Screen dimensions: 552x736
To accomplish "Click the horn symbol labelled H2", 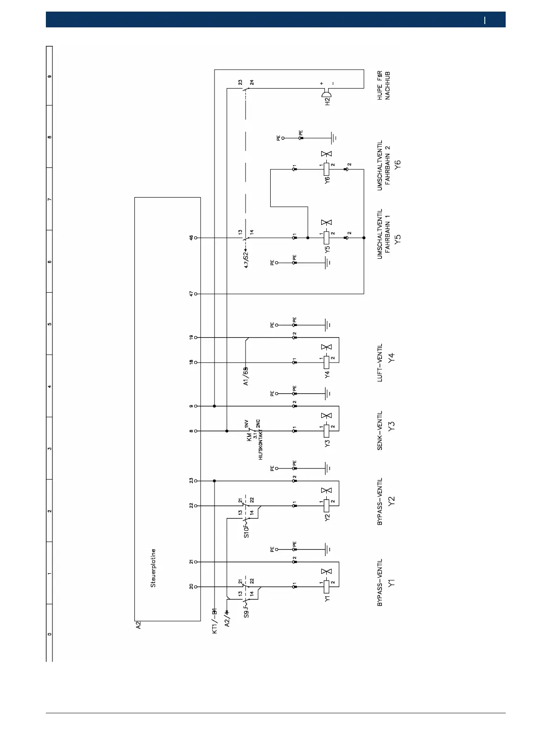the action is [x=326, y=96].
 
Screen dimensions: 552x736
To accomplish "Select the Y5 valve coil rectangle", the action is [x=327, y=237].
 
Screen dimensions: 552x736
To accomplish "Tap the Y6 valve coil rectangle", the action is [x=327, y=169].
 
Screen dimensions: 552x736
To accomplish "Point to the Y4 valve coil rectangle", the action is [x=327, y=362].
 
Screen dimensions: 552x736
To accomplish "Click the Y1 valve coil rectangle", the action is [x=327, y=587].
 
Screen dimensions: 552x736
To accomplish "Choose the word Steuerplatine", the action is [x=153, y=568].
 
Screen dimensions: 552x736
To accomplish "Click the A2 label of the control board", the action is [x=138, y=625].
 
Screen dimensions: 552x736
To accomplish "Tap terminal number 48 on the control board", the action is [x=190, y=237].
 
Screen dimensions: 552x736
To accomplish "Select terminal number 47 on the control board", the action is [x=190, y=294].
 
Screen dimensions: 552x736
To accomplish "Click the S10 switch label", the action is [x=246, y=531].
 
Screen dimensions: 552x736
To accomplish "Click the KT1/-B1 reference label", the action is [x=214, y=621].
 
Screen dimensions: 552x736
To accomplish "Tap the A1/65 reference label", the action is [x=246, y=376].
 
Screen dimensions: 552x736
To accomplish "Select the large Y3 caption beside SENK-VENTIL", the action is [x=392, y=427].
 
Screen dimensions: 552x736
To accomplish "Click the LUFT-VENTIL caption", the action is [x=380, y=363].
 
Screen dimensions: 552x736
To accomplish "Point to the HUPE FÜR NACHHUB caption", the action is [x=383, y=85].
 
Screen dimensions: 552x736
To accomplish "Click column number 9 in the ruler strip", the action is [x=49, y=77].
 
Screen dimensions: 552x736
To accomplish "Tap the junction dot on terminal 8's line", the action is [x=227, y=431].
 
